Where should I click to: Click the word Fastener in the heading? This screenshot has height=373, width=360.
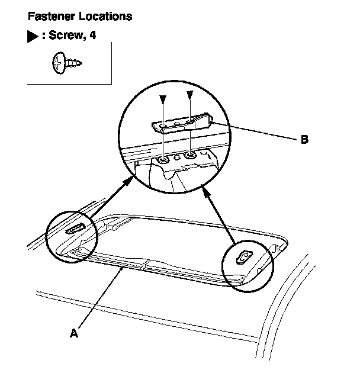point(49,17)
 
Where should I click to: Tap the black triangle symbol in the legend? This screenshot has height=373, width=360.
point(33,37)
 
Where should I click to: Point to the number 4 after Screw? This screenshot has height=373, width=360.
point(93,36)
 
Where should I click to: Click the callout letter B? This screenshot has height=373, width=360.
point(304,140)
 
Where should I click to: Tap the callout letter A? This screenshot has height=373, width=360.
point(73,333)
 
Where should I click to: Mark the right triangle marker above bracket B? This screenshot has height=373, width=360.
point(189,95)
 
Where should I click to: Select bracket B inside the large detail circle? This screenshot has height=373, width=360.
point(181,124)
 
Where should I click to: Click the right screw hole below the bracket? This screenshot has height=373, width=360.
point(189,157)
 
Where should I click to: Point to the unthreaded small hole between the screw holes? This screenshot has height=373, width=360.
point(176,158)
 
